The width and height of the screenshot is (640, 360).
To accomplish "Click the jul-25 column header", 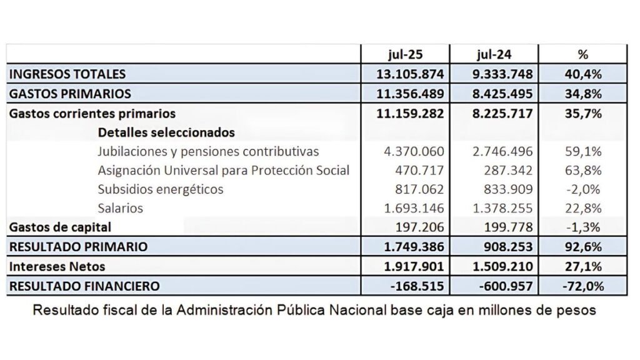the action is tap(405, 54).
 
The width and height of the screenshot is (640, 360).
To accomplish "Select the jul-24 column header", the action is tap(494, 54).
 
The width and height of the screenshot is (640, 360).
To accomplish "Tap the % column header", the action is tap(583, 54).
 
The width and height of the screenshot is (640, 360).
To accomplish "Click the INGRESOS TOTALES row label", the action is tap(67, 74).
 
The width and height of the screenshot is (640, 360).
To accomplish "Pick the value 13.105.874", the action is tap(410, 74).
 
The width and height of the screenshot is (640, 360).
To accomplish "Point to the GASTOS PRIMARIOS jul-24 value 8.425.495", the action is tap(502, 94).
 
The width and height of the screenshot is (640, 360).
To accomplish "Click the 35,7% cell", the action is tap(583, 113).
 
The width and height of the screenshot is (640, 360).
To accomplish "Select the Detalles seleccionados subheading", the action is tap(166, 132).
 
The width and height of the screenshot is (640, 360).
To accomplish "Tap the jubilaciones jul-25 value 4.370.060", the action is tap(414, 151).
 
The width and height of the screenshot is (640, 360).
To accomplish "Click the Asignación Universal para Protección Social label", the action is tap(224, 170).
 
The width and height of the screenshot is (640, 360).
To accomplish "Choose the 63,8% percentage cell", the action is tap(583, 170).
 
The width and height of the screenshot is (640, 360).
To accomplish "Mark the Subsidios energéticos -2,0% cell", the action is tap(583, 189).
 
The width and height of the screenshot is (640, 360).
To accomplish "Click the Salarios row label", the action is tap(121, 208).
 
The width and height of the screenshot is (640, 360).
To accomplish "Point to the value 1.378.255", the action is tap(502, 208).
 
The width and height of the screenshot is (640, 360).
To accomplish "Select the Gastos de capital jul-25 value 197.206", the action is tap(419, 227).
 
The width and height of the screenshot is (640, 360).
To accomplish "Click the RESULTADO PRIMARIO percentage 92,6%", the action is tap(583, 246).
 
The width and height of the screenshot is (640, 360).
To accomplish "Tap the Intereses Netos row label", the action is tap(57, 266).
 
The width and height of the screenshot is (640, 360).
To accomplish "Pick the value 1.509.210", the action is tap(502, 266).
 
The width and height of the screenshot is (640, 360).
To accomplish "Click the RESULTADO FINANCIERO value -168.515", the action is tap(417, 286).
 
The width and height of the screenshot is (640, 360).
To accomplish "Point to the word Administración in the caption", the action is tap(224, 310).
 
